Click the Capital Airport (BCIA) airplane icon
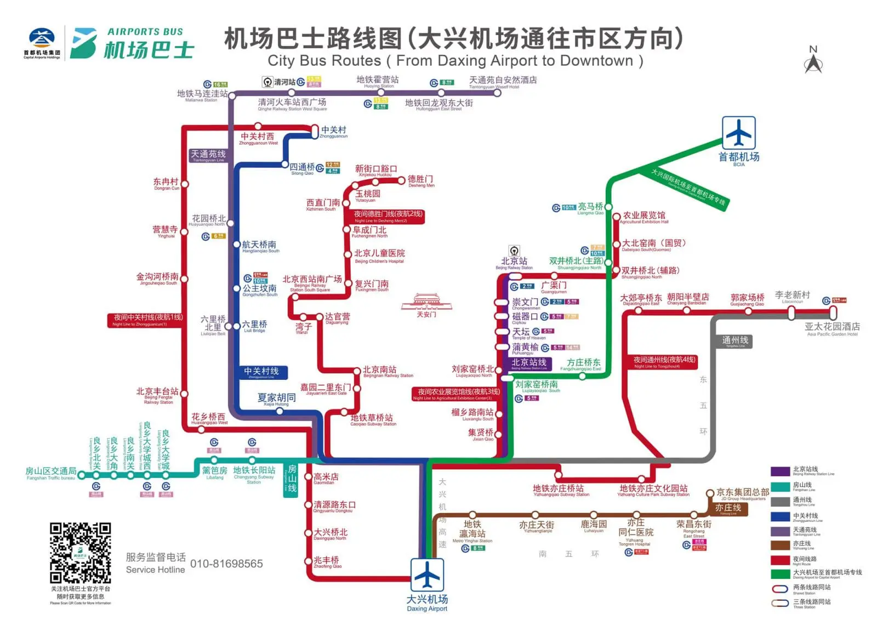pyautogui.click(x=738, y=133)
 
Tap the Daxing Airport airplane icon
pyautogui.click(x=427, y=575)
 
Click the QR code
pyautogui.click(x=81, y=552)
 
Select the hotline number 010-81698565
pyautogui.click(x=226, y=564)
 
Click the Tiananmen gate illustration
pyautogui.click(x=426, y=303)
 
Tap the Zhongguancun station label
pyautogui.click(x=334, y=132)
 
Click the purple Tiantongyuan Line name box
pyautogui.click(x=208, y=156)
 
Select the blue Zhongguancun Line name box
pyautogui.click(x=262, y=372)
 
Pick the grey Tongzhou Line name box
pyautogui.click(x=735, y=341)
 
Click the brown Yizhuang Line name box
pyautogui.click(x=728, y=508)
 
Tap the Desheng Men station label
pyautogui.click(x=421, y=181)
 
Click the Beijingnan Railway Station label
pyautogui.click(x=388, y=372)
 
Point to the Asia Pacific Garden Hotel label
pyautogui.click(x=832, y=328)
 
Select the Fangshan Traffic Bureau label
pyautogui.click(x=50, y=472)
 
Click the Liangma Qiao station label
pyautogui.click(x=590, y=208)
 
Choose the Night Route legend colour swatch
pyautogui.click(x=780, y=560)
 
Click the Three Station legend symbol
pyautogui.click(x=780, y=603)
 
